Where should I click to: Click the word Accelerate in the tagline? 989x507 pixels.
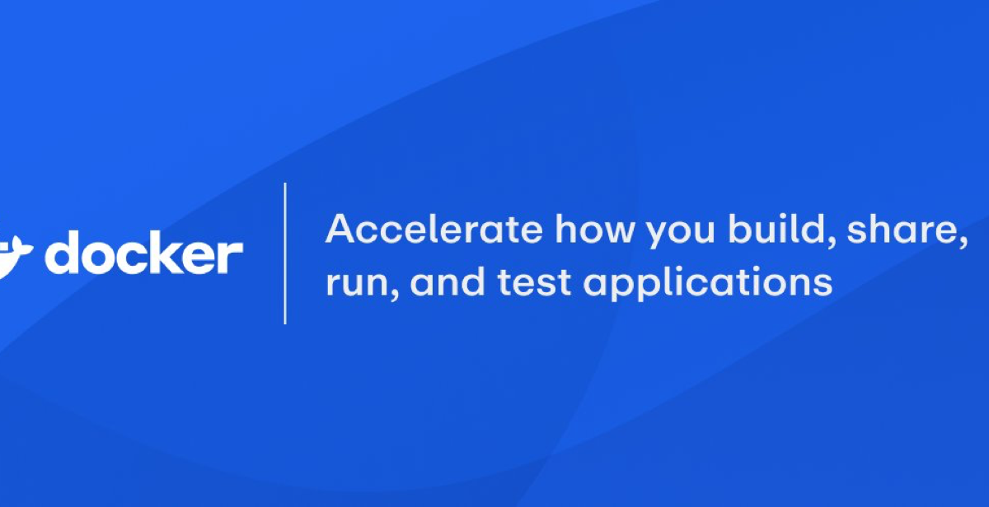[x=434, y=228]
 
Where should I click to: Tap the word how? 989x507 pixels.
[x=595, y=228]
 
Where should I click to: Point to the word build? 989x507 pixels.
[x=776, y=228]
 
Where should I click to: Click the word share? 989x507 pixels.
[x=902, y=228]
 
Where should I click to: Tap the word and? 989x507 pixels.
[x=448, y=281]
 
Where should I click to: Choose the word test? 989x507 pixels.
[x=534, y=281]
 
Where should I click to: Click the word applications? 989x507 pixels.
[x=708, y=282]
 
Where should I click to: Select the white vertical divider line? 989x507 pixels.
[x=285, y=253]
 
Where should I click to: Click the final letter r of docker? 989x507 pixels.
[x=231, y=257]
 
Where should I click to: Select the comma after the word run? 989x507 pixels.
[x=395, y=295]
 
